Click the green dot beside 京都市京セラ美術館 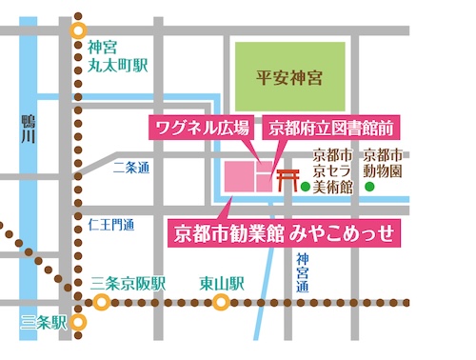pos(306,188)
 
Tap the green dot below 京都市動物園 pos(369,188)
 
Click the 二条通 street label pos(130,169)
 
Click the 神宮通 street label pos(302,272)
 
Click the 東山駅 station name pos(222,284)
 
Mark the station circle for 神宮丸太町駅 pos(80,29)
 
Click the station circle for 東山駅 pos(221,303)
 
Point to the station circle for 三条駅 pos(81,322)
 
